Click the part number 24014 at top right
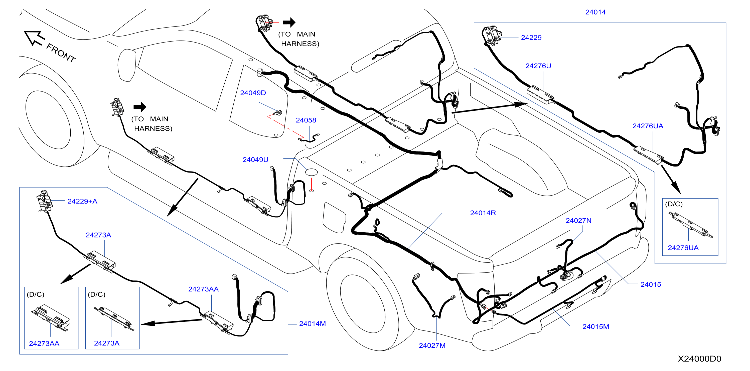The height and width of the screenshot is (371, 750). point(595,12)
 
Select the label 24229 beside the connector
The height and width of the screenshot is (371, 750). point(531,37)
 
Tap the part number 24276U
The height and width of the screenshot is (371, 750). point(538,66)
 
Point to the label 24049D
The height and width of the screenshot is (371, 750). point(253,93)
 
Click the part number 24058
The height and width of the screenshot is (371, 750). point(306,120)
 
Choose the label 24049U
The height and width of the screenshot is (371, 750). point(255,159)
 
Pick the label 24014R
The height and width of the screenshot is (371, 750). point(483,213)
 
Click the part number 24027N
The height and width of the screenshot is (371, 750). point(578,220)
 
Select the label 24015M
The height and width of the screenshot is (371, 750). point(595,326)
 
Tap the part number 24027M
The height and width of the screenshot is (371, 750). point(432,345)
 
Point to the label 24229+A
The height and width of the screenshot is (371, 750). point(82,201)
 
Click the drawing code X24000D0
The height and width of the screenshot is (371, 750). point(699,358)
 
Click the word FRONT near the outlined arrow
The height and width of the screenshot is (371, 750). point(61,53)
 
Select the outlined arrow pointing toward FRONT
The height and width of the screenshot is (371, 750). point(34,38)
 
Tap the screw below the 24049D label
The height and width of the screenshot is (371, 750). point(278,112)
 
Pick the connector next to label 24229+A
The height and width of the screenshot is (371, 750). point(44,201)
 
